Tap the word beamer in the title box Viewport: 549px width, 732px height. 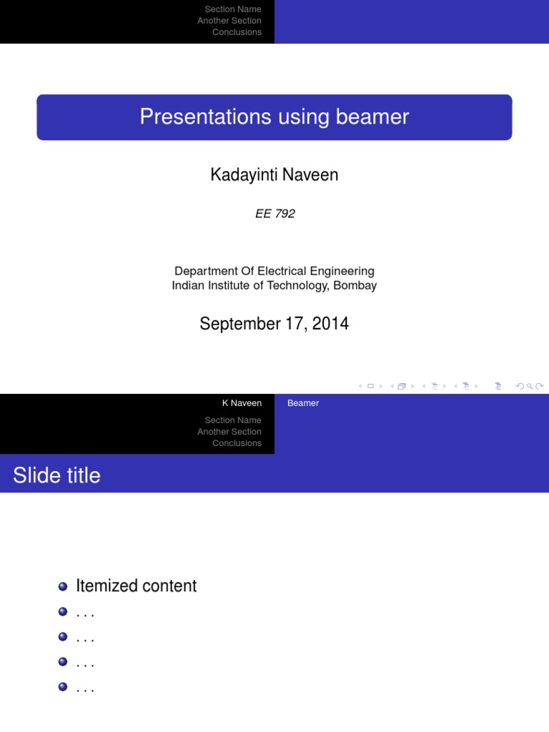pos(375,117)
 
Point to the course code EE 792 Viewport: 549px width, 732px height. pos(274,214)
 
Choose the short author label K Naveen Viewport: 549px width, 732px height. pos(242,403)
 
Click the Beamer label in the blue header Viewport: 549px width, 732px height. pos(303,403)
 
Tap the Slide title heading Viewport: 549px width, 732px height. pos(56,475)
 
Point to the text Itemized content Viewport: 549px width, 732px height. pos(137,586)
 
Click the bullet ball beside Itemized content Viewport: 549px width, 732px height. pos(63,586)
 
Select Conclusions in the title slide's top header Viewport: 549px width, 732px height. pos(237,32)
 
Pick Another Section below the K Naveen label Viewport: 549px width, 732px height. pos(229,432)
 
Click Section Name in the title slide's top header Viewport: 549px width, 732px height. pos(233,9)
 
